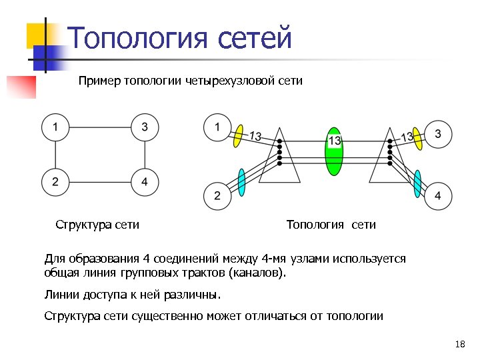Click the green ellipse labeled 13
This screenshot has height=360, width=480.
(x=334, y=151)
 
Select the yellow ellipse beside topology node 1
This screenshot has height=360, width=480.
(x=238, y=135)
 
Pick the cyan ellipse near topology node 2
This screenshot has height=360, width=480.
(x=242, y=182)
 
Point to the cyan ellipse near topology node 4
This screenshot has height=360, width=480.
(x=418, y=183)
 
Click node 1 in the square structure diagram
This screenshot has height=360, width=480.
(x=56, y=127)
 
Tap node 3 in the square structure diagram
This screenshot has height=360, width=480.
(x=145, y=127)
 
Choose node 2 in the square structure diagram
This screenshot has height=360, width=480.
(x=56, y=182)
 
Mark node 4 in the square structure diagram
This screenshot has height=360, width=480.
(x=145, y=182)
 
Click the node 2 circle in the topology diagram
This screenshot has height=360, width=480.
(x=217, y=196)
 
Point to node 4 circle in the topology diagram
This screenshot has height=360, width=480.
(x=437, y=196)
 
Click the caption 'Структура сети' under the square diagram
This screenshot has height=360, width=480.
(x=97, y=225)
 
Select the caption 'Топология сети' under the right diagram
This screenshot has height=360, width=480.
(x=331, y=225)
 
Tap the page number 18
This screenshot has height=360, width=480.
(x=458, y=344)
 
